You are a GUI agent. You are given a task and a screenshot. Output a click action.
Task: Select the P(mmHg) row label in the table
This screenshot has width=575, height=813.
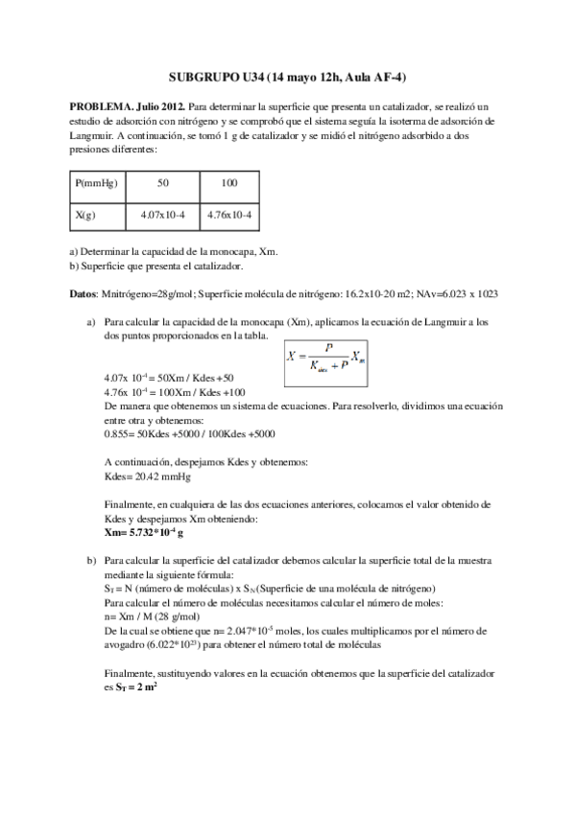click(x=96, y=182)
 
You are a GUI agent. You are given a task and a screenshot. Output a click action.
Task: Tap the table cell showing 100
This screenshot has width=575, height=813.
click(x=228, y=182)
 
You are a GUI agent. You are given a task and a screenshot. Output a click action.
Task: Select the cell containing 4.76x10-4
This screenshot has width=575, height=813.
click(x=228, y=216)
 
